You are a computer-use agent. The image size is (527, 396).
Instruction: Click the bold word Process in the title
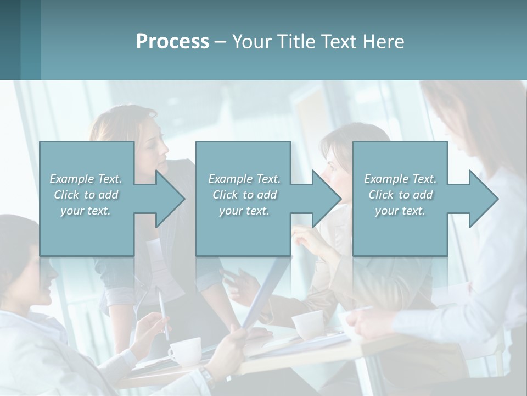[172, 42]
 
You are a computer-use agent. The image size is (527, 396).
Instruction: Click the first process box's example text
[86, 194]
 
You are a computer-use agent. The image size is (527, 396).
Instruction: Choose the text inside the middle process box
[244, 194]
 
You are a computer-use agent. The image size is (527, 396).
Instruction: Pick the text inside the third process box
[400, 194]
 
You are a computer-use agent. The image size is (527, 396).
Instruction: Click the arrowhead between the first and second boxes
[170, 199]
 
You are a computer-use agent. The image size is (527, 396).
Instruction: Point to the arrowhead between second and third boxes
[326, 199]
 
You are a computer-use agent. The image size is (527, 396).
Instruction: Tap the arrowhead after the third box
[483, 199]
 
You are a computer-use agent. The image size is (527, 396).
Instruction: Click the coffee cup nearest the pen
[184, 350]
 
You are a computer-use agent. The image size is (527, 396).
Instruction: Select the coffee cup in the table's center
[307, 324]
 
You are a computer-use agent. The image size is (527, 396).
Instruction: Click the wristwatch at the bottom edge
[207, 378]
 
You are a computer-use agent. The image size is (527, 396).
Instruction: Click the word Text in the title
[339, 42]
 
